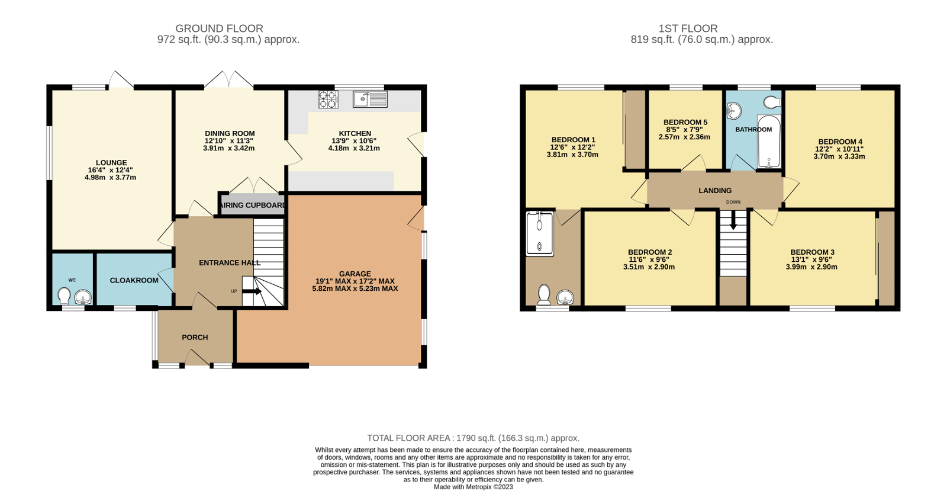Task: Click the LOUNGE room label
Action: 111,163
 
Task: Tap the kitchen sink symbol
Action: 370,100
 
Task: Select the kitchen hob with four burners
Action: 328,100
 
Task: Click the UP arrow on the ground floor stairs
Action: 252,291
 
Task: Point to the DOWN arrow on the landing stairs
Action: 733,222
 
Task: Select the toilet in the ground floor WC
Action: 64,295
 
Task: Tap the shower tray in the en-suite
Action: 539,233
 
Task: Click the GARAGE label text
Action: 355,274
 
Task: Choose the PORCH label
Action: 195,338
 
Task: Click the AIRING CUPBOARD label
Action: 253,206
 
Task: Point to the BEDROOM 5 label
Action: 685,123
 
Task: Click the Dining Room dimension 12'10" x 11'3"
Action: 229,141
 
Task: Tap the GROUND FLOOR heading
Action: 219,28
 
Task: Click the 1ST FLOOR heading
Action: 688,28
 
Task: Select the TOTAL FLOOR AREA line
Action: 473,438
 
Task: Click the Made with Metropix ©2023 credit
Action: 473,487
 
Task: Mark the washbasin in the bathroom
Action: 734,111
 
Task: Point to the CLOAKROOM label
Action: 134,281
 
